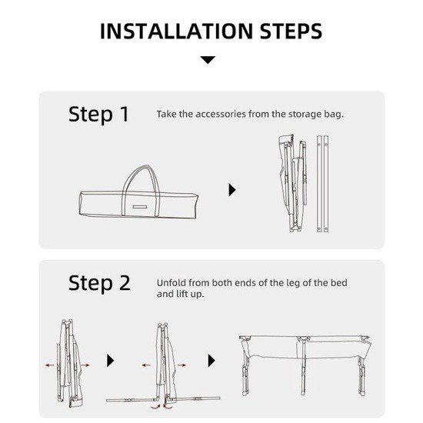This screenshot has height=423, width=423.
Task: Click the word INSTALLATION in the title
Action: tap(177, 32)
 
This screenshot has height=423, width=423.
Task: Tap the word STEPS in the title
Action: tap(291, 32)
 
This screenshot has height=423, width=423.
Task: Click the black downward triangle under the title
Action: tap(208, 60)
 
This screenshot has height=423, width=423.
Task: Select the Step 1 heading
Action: tap(98, 115)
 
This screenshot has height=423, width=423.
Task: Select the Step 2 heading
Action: tap(99, 283)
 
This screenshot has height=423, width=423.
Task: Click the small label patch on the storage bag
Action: tap(140, 207)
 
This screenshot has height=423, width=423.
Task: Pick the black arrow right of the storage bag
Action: tap(232, 190)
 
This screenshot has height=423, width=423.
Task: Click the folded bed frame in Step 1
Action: tap(293, 184)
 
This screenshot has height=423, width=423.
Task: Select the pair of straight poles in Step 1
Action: tap(323, 184)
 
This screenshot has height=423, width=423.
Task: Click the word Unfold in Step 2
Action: tap(172, 283)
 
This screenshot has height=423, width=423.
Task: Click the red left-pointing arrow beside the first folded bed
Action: tap(50, 365)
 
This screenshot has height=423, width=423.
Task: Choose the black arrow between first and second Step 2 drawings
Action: tap(110, 361)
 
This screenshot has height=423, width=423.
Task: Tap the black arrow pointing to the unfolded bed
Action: tap(211, 361)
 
